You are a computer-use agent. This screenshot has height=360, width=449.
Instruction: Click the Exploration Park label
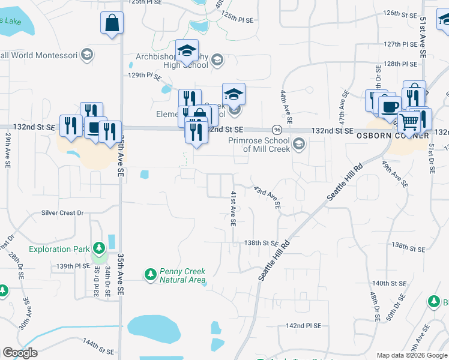[x=59, y=249]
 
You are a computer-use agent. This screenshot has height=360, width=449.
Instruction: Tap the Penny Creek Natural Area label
[x=182, y=275]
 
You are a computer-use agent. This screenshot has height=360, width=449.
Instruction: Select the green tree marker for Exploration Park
[x=98, y=248]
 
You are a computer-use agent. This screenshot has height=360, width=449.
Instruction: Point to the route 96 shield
[x=277, y=130]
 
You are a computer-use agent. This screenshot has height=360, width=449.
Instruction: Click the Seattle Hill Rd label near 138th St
[x=274, y=260]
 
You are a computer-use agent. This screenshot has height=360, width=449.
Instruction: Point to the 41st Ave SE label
[x=232, y=209]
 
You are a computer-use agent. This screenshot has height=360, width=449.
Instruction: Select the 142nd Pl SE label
[x=304, y=325]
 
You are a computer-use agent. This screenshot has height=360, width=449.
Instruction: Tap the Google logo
[x=20, y=353]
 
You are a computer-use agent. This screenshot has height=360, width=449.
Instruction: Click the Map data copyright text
[x=412, y=355]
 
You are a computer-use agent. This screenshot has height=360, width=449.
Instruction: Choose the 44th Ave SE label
[x=285, y=107]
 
